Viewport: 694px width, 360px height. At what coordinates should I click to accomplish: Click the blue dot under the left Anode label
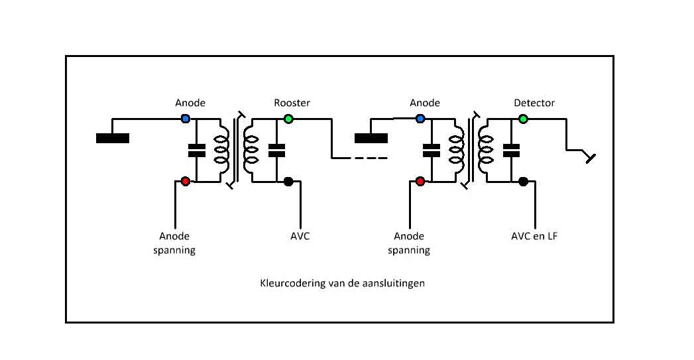point(186,119)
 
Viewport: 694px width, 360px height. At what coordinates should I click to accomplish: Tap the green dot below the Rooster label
point(288,119)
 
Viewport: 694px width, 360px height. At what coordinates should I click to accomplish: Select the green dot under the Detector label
point(523,119)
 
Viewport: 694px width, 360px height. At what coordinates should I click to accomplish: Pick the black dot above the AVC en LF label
point(523,181)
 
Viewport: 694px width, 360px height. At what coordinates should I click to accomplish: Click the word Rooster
point(292,103)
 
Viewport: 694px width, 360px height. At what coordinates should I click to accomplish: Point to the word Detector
point(534,103)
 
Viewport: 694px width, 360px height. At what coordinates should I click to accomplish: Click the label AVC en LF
point(534,236)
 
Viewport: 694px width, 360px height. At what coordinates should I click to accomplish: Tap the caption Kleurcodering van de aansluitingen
point(342,283)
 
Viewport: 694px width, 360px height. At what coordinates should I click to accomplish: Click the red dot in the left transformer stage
point(186,181)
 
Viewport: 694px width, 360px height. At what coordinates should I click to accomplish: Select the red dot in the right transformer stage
point(420,181)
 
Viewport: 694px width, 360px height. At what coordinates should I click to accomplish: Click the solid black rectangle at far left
point(113,138)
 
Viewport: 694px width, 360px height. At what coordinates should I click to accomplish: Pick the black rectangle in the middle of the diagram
point(371,138)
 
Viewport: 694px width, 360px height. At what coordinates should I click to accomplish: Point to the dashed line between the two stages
point(359,158)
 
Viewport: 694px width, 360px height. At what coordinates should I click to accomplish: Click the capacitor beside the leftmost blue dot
point(197,150)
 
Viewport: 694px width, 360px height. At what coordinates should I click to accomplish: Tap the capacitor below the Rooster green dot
point(276,150)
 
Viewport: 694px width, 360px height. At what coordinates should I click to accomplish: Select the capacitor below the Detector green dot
point(511,150)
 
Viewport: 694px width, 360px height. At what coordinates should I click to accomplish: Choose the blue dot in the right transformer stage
point(420,119)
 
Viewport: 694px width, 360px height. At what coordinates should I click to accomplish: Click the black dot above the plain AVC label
point(288,181)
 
